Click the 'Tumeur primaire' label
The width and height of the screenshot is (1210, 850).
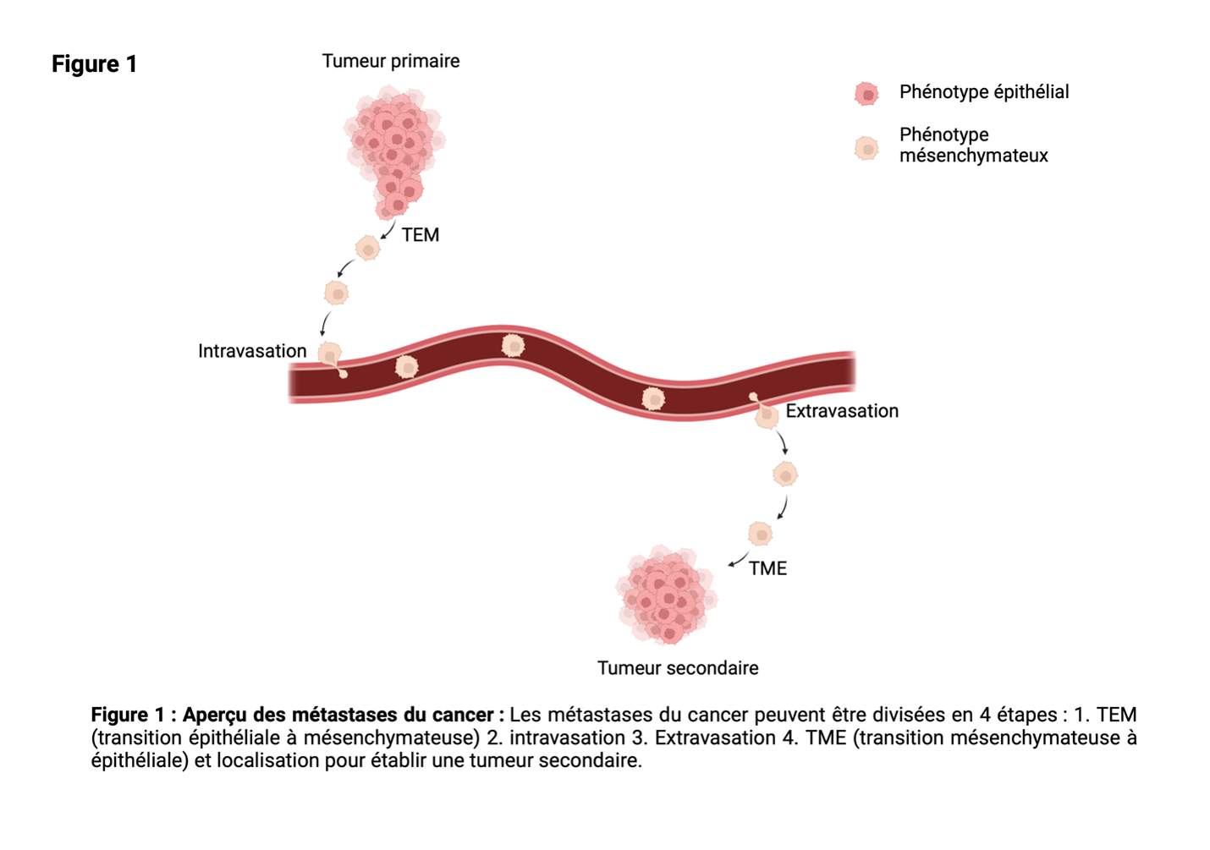[391, 61]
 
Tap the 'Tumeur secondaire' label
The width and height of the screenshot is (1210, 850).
[678, 668]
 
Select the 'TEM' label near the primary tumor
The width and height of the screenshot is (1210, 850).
[421, 235]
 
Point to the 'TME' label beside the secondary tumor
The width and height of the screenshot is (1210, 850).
[767, 568]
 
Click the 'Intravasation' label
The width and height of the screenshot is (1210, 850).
[252, 351]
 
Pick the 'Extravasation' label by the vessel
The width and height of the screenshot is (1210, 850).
[842, 411]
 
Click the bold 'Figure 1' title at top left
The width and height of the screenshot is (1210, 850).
[94, 63]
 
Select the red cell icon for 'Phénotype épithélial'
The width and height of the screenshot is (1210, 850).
[866, 94]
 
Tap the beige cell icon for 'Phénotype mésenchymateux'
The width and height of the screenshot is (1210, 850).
[866, 149]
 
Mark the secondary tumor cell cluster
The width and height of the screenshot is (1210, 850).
[667, 595]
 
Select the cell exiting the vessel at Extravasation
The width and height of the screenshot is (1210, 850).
[764, 412]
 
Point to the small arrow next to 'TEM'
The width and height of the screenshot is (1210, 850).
[388, 229]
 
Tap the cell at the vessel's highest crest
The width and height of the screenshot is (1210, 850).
[513, 345]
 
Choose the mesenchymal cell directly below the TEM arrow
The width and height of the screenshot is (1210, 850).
[368, 249]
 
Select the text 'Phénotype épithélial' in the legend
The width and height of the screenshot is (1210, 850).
[984, 92]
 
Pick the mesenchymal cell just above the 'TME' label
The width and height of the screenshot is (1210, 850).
[761, 534]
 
